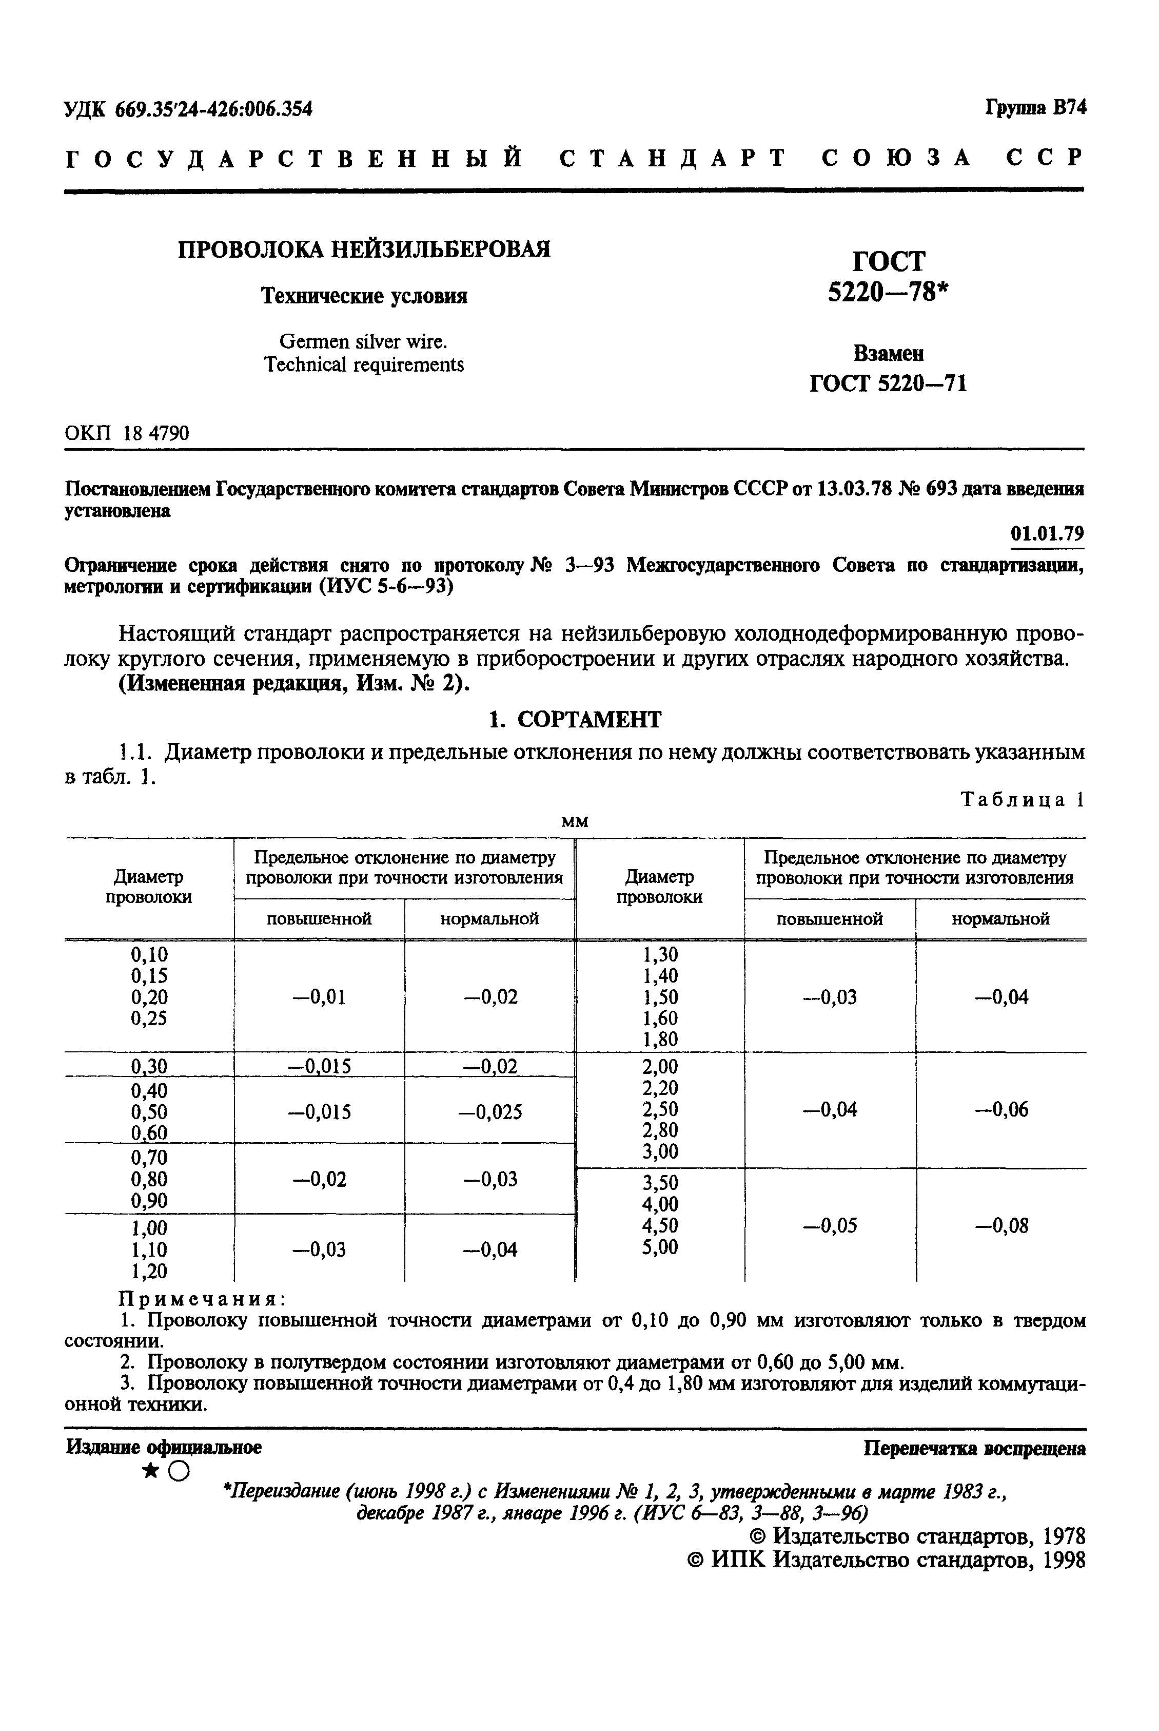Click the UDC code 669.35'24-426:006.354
pyautogui.click(x=213, y=109)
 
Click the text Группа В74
pyautogui.click(x=1035, y=108)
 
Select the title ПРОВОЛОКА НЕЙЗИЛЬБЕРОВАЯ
pyautogui.click(x=364, y=249)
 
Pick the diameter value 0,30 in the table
pyautogui.click(x=149, y=1066)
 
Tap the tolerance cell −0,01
pyautogui.click(x=319, y=997)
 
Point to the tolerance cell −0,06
pyautogui.click(x=1001, y=1109)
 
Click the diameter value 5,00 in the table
pyautogui.click(x=660, y=1247)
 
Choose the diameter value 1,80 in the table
pyautogui.click(x=660, y=1040)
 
